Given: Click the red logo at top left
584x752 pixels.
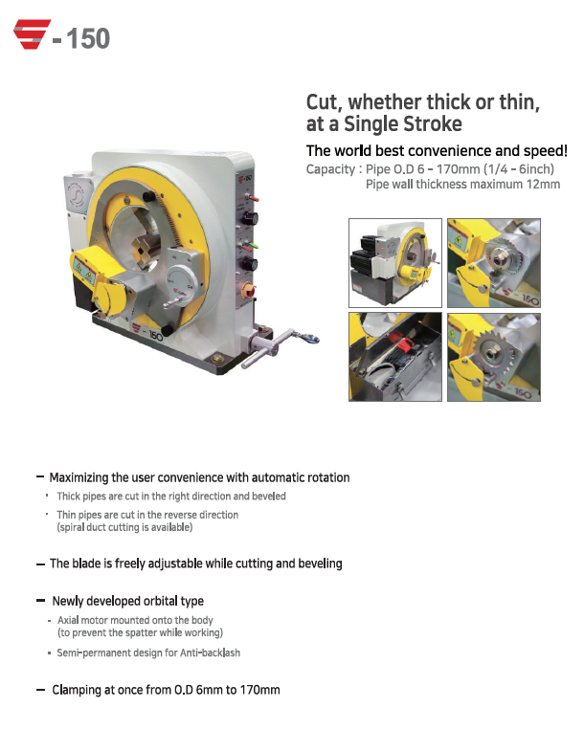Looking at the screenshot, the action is [x=32, y=34].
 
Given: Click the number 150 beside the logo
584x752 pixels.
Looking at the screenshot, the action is [x=88, y=39].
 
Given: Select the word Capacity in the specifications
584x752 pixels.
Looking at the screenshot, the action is [x=330, y=169].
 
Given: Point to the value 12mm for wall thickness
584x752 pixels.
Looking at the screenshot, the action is [x=543, y=184].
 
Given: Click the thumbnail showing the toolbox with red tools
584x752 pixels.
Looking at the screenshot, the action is [x=395, y=357].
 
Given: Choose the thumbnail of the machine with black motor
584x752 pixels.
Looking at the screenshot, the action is [x=395, y=263].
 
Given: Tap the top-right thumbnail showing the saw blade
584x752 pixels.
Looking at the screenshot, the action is [x=494, y=263].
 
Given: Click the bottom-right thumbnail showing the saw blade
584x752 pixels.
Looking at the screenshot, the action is [x=494, y=357].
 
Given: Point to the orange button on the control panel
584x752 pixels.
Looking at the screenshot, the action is [x=248, y=289].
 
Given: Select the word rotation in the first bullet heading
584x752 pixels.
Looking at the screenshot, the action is [x=329, y=477].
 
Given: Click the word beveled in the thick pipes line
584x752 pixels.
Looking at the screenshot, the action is [x=269, y=496].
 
